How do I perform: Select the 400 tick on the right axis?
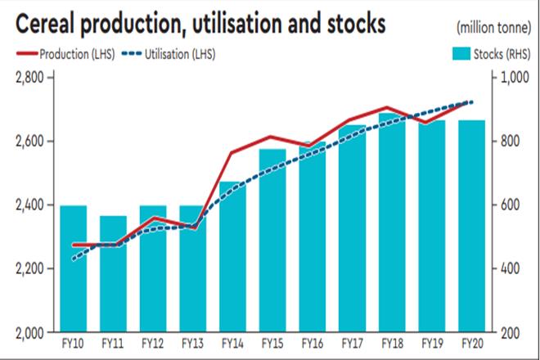tap(511, 269)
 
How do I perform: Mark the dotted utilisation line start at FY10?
tap(74, 259)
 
